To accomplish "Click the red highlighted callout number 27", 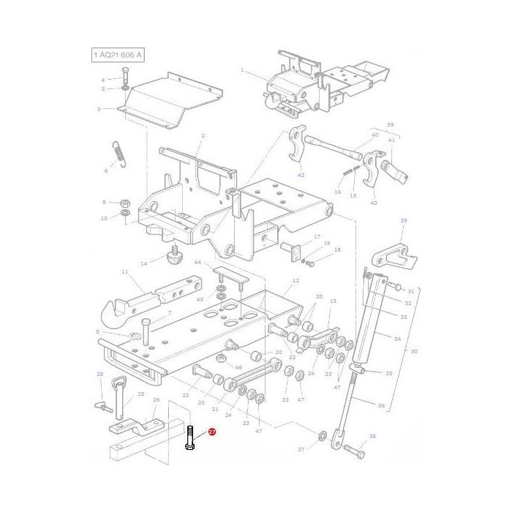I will (212, 432).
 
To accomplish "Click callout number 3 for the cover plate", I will (98, 110).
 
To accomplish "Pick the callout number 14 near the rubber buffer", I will (144, 263).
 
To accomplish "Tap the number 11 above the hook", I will (124, 272).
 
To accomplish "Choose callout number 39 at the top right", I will (390, 124).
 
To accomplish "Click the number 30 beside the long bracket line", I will (414, 352).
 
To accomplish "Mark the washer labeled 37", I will (321, 437).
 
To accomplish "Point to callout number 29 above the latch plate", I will (403, 220).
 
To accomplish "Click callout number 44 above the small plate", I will (197, 262).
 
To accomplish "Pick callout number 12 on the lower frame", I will (295, 280).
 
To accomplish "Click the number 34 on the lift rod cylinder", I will (397, 339).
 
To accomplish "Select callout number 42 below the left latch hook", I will (301, 176).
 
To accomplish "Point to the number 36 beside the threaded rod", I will (380, 406).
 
